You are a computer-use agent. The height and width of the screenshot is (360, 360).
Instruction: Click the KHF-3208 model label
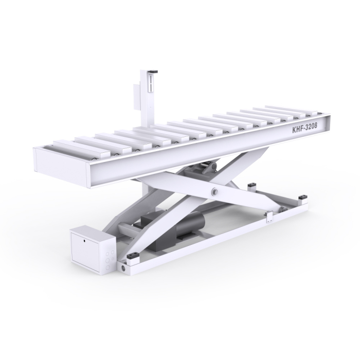tap(304, 129)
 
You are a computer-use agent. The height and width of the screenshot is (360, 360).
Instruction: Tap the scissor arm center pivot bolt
tap(215, 191)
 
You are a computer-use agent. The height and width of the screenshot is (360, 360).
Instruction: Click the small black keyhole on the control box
tap(84, 241)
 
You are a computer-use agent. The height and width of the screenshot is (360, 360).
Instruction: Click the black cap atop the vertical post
tap(153, 72)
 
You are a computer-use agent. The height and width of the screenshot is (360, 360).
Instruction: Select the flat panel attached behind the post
tap(137, 96)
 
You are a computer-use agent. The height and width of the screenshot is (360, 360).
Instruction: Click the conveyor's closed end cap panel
tap(61, 166)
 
